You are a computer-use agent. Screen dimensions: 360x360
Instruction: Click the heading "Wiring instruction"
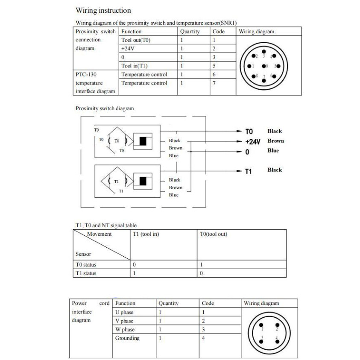[103, 10]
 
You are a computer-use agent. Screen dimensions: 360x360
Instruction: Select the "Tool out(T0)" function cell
[136, 40]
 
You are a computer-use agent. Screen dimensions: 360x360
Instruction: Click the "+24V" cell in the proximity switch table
[128, 49]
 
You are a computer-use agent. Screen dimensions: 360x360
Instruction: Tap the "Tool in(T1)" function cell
[135, 66]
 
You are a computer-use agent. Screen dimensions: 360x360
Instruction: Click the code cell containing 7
[214, 83]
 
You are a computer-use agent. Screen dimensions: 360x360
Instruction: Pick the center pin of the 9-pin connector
[265, 66]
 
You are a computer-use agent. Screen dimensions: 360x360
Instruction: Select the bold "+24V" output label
[252, 141]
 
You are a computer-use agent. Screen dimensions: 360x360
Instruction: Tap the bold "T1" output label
[248, 171]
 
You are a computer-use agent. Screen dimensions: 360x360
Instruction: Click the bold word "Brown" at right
[275, 141]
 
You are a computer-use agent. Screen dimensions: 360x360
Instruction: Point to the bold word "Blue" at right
[273, 150]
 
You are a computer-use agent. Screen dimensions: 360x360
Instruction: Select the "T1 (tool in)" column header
[146, 234]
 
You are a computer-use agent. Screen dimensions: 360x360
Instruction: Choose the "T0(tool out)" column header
[214, 234]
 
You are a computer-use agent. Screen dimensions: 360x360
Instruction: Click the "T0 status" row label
[86, 265]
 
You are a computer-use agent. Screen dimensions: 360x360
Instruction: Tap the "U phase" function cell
[124, 312]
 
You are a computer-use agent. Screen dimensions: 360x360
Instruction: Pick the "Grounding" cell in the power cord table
[127, 338]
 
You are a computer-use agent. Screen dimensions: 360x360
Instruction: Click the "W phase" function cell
[125, 330]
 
